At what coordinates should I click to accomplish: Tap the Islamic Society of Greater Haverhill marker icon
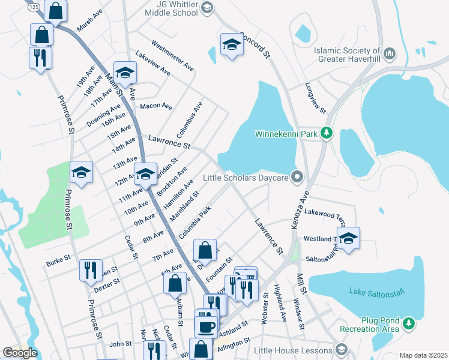click(388, 55)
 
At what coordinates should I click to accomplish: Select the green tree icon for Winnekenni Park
click(326, 133)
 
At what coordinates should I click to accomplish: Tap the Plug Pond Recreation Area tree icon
click(409, 324)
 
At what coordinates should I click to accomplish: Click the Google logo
click(20, 353)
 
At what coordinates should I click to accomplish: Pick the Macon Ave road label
click(155, 106)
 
